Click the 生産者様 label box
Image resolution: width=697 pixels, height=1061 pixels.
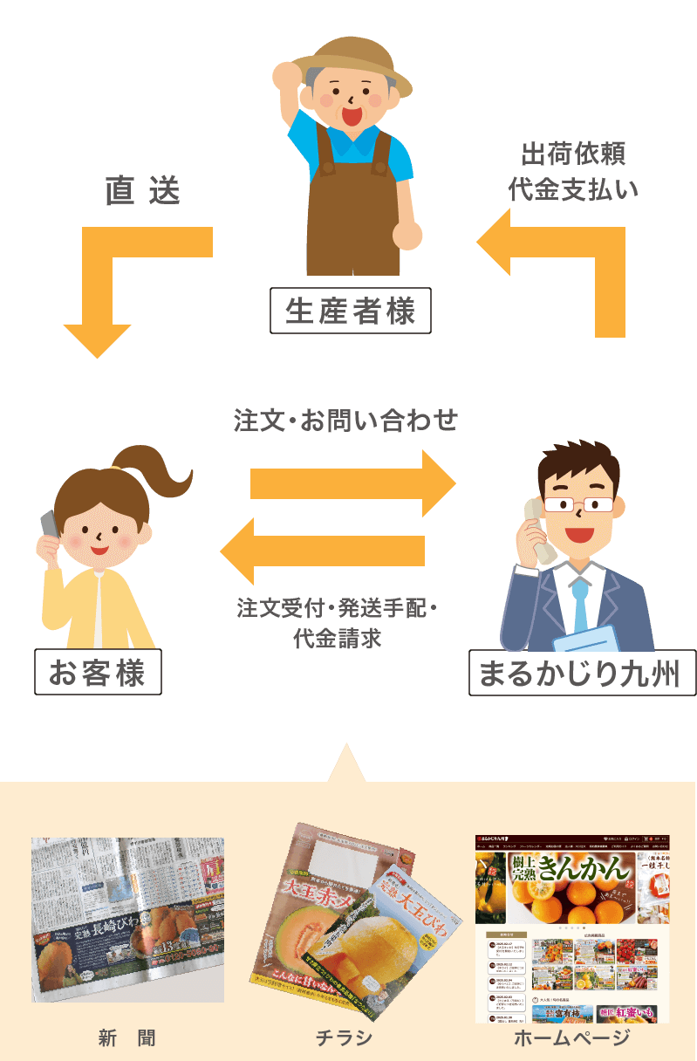click(x=351, y=311)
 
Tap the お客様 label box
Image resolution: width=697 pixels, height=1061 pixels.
click(x=98, y=673)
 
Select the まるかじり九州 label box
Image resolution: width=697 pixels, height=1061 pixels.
click(x=582, y=673)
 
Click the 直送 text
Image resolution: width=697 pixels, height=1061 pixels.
click(x=142, y=191)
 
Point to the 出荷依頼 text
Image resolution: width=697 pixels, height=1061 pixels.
click(x=573, y=154)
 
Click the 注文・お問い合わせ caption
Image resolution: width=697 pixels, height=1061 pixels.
click(x=345, y=421)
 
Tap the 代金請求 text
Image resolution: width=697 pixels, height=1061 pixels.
click(x=338, y=639)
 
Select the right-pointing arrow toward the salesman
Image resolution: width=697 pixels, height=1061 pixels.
click(x=353, y=483)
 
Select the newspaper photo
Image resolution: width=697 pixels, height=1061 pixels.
click(x=128, y=920)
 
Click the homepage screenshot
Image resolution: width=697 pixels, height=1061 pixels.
click(x=572, y=928)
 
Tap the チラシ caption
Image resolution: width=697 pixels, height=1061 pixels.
click(x=345, y=1037)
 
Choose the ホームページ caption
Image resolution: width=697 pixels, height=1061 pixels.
click(x=571, y=1037)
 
